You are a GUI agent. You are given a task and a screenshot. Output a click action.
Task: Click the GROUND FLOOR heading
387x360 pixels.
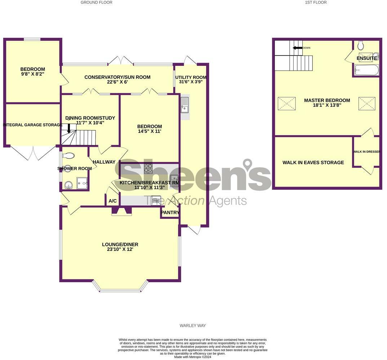pos(96,3)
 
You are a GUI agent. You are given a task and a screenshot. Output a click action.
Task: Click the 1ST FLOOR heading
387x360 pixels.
pos(316,3)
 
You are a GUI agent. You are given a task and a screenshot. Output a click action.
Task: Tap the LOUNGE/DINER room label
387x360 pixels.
pos(120,244)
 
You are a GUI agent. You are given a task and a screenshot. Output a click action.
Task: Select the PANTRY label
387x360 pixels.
pos(170,213)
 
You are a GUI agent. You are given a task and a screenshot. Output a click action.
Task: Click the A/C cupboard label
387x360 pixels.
pos(112,201)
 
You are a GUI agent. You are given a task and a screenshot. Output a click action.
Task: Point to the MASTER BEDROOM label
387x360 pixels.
pos(327,100)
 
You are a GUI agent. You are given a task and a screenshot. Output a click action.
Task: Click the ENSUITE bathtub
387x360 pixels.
pos(366,70)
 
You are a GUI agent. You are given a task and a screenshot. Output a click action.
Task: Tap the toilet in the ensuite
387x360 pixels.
pos(361,46)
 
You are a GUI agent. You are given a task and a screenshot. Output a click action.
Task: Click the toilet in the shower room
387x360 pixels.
pos(68,156)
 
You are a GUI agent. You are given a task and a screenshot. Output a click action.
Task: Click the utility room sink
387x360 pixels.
pos(185,104)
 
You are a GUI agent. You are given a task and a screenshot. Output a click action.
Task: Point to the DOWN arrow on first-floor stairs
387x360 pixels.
pos(298,48)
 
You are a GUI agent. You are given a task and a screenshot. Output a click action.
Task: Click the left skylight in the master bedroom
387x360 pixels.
pos(287,104)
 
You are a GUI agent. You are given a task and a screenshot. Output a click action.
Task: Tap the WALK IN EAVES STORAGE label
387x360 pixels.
pos(313,163)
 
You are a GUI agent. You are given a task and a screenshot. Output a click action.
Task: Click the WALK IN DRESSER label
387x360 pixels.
pos(366,152)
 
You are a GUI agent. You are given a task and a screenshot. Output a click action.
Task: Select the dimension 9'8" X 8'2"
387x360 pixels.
pos(32,74)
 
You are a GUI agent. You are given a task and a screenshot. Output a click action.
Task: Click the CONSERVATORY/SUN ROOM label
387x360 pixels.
pos(117,77)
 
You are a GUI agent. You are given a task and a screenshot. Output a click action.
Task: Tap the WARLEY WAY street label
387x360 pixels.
pos(193,325)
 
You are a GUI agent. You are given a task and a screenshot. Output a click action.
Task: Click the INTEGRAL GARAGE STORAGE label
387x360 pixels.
pos(32,125)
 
